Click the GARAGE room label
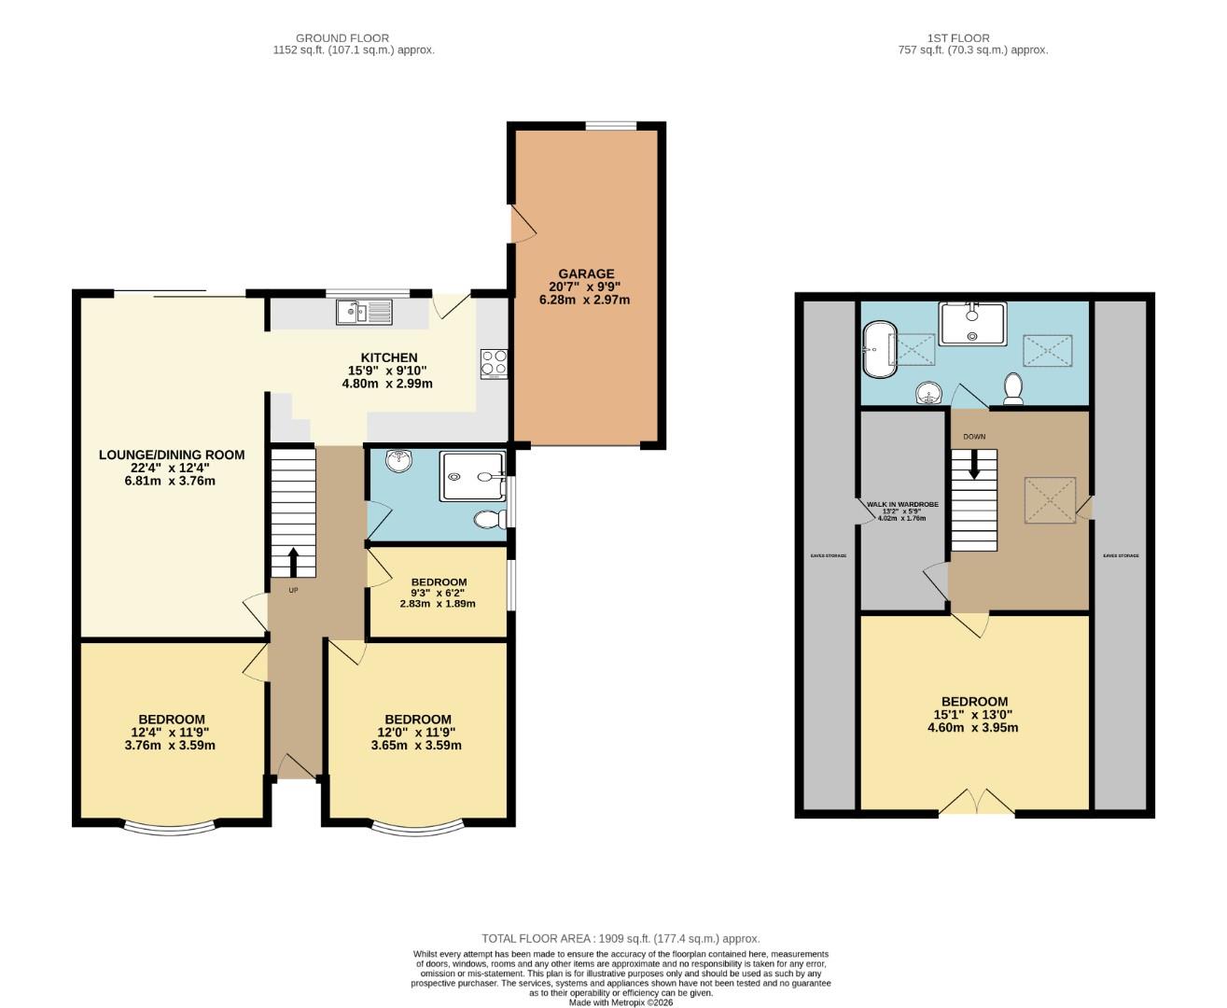[586, 274]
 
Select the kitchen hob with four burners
[494, 363]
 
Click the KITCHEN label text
[389, 357]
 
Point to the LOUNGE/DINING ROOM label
[172, 455]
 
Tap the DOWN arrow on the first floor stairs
[974, 464]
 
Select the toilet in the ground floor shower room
[487, 519]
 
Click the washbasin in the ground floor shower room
[399, 458]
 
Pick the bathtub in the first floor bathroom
[880, 349]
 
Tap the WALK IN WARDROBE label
[901, 504]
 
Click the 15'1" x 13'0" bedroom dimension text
[974, 715]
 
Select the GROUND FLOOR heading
[342, 38]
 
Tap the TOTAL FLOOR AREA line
[620, 938]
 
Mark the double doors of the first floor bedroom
[976, 802]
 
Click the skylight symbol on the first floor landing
[1051, 500]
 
